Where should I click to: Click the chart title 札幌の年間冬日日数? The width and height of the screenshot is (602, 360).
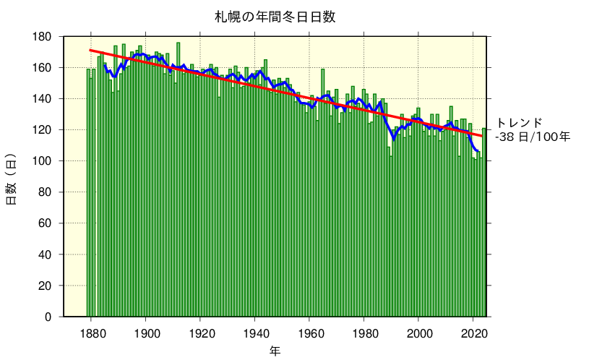coord(275,16)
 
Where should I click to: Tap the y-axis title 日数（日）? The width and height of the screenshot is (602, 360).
coord(12,179)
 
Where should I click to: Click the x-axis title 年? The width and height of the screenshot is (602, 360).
coord(275,350)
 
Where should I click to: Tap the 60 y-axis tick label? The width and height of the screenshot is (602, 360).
coord(46,223)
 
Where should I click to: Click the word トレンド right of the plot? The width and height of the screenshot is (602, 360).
coord(518,123)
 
